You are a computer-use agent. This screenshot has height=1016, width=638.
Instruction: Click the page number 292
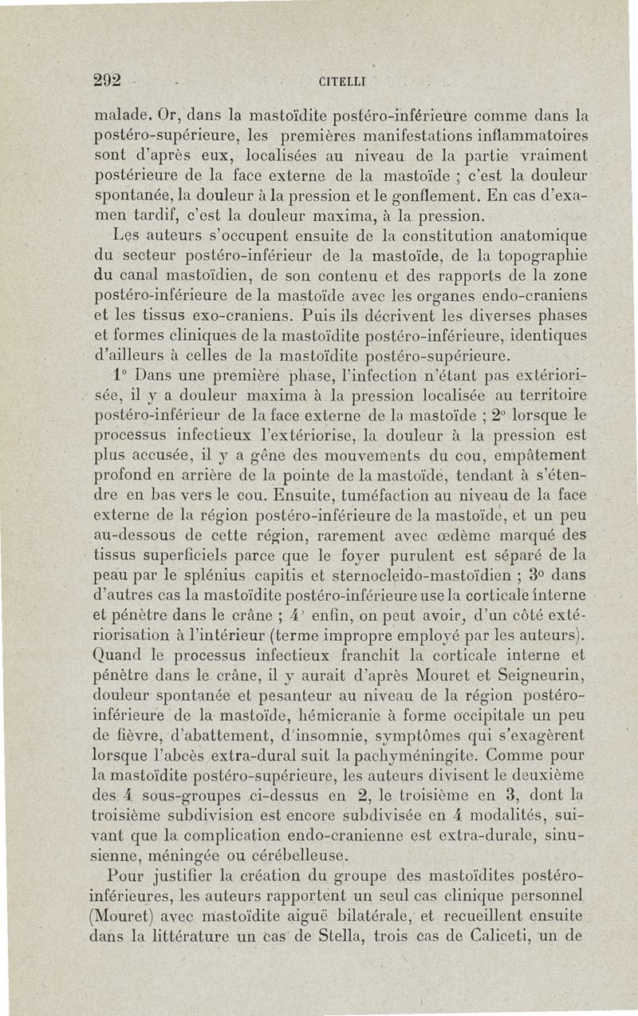tap(107, 80)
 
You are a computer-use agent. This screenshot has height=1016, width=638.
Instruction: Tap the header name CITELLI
tap(344, 81)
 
